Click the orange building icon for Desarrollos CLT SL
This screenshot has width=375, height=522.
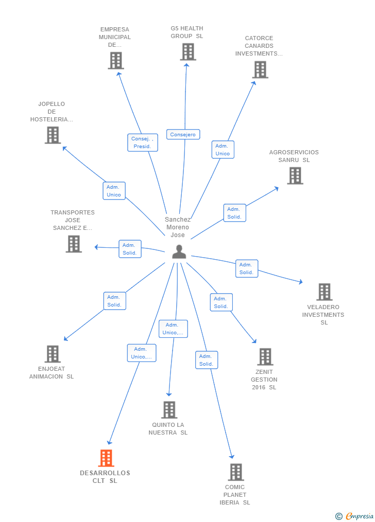[x=106, y=458]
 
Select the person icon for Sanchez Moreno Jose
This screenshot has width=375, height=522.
[x=179, y=251]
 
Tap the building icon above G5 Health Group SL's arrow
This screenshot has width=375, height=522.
[x=188, y=52]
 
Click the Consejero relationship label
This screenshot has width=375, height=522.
[x=183, y=135]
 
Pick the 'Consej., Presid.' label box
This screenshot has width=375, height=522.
[x=142, y=142]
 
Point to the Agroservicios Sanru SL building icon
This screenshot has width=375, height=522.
[x=295, y=176]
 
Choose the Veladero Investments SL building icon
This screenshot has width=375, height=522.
[x=324, y=292]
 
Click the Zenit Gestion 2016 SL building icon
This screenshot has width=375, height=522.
[x=265, y=356]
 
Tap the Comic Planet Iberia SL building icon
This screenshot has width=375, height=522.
[x=235, y=472]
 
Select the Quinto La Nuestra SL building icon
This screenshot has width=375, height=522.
[x=169, y=410]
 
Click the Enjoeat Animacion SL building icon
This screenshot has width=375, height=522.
[x=53, y=354]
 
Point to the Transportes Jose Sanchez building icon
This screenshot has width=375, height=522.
[x=74, y=244]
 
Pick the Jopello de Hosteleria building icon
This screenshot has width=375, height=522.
[x=53, y=135]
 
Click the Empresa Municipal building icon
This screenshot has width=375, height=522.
[x=116, y=61]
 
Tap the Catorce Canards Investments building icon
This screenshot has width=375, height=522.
[x=260, y=69]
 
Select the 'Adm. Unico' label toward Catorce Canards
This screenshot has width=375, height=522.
[x=223, y=150]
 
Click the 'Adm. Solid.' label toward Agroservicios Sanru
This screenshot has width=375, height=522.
[x=234, y=213]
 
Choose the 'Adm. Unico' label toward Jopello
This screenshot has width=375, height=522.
[x=114, y=191]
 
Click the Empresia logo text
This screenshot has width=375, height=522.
[x=359, y=516]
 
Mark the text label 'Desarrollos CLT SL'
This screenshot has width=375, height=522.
[x=105, y=477]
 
